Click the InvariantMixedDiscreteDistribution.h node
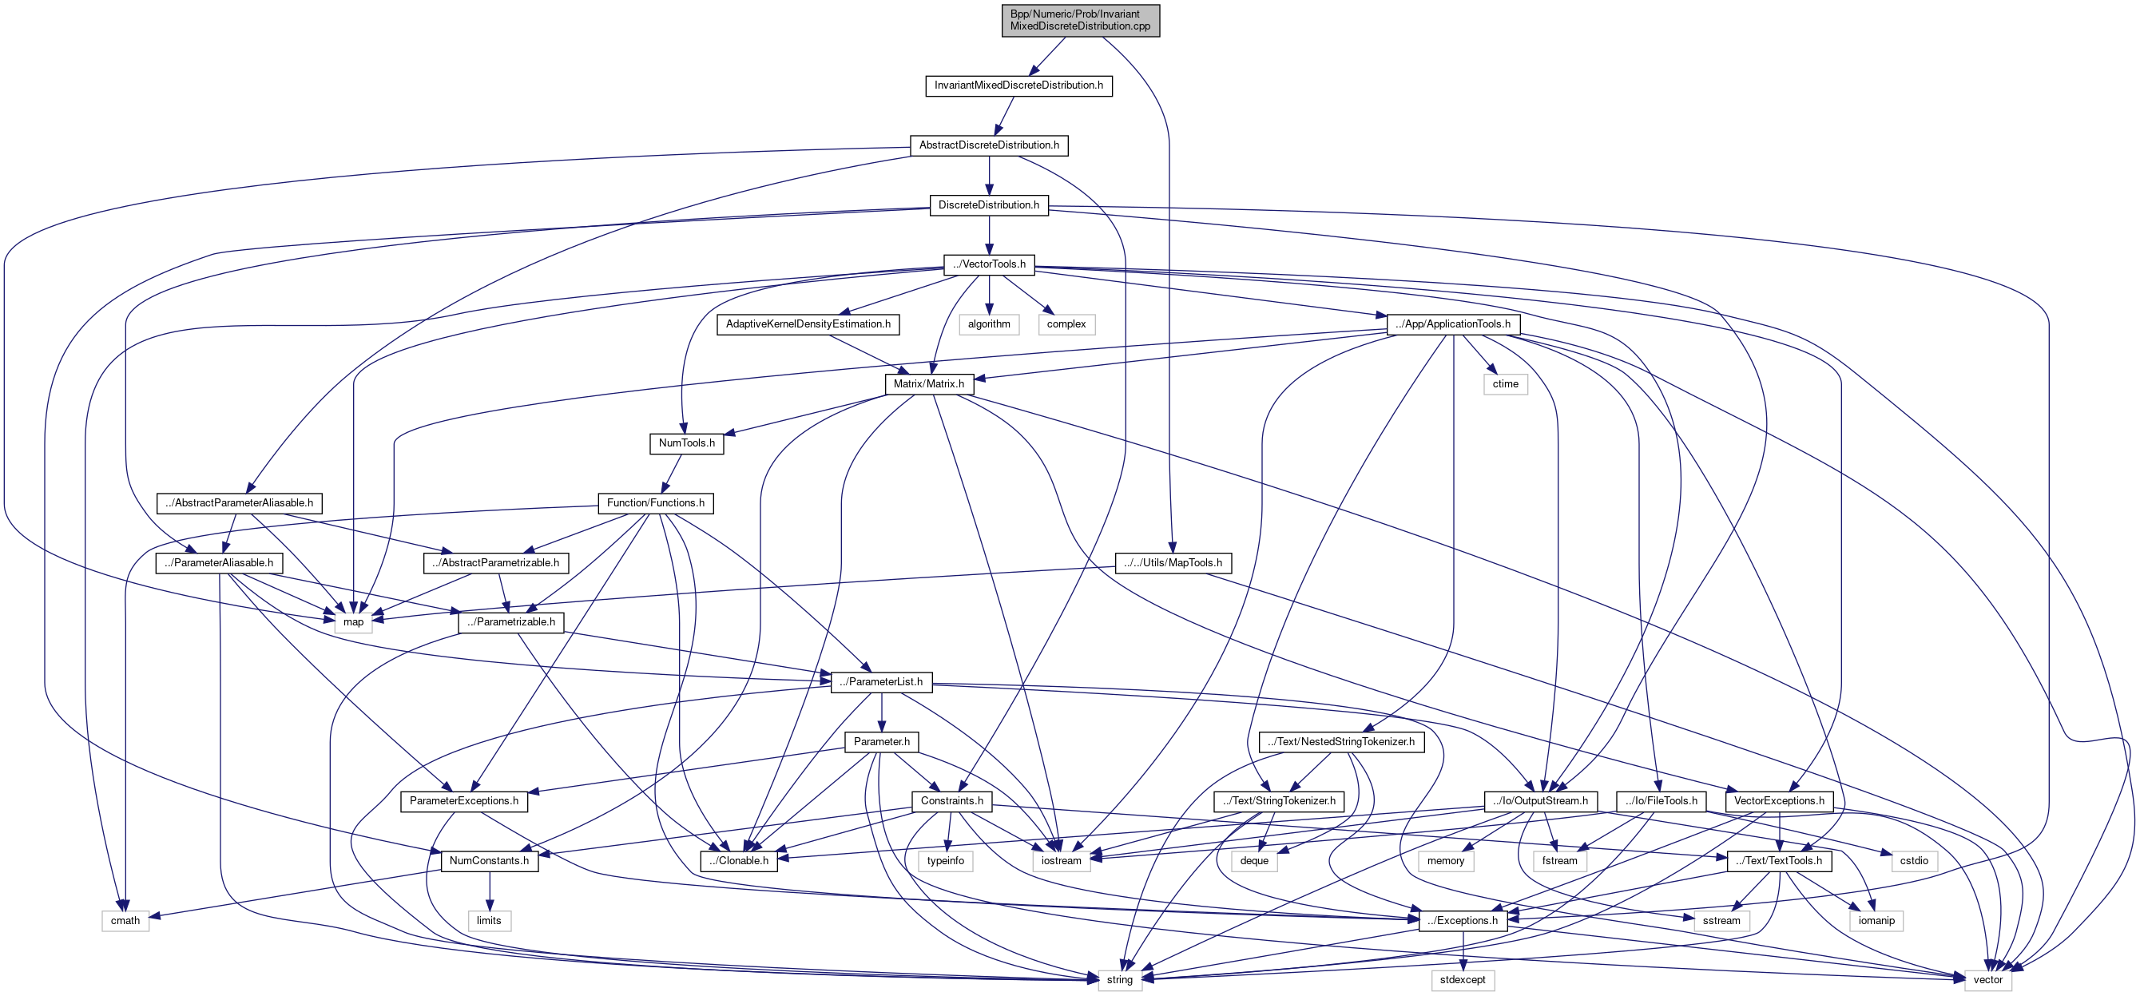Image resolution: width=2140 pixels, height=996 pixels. pos(1018,85)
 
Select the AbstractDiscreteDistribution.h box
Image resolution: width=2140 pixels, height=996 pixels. pos(989,145)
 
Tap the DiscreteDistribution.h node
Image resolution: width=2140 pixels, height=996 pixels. pos(989,205)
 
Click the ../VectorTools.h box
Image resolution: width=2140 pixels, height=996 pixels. pos(989,264)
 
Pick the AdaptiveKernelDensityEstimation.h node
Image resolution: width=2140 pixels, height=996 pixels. pos(808,324)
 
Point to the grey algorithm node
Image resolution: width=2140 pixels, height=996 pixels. pos(989,324)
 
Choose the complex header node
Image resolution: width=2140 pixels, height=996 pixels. pos(1066,324)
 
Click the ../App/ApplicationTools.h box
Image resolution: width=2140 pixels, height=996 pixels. pos(1453,324)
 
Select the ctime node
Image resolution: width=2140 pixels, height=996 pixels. pos(1504,383)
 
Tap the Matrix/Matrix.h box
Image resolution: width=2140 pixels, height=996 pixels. pos(929,383)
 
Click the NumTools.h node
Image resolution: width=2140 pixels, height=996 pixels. pos(686,443)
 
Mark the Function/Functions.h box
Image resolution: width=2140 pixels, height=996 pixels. pos(656,503)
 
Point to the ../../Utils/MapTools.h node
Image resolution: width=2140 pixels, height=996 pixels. pos(1172,563)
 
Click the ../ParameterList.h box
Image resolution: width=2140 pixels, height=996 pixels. pos(880,682)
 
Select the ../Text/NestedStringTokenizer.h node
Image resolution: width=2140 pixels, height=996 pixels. pos(1341,742)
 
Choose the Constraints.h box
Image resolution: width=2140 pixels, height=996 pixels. pos(951,801)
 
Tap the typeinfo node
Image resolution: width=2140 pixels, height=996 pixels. pos(946,860)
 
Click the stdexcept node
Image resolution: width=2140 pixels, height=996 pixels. pos(1462,980)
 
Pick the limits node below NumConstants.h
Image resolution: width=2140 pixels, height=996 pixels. pos(489,920)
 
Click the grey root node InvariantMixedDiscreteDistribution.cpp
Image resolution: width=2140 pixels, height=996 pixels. pos(1080,20)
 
